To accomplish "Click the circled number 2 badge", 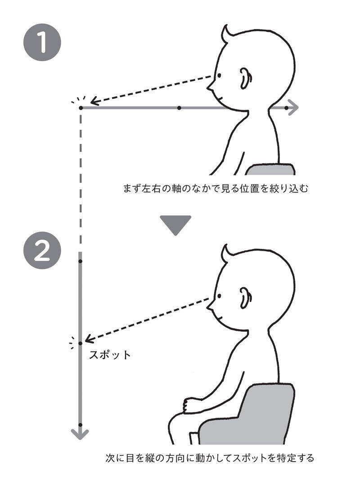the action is [42, 250].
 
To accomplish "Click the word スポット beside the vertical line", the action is [110, 355].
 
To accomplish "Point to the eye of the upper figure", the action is [219, 76].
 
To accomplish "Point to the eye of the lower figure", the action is [219, 296].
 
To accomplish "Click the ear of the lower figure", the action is [246, 298].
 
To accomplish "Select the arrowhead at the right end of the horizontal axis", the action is [293, 108].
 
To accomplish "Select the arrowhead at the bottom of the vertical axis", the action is [81, 434].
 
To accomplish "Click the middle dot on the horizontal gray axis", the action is [179, 108].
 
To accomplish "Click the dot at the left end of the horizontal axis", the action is [81, 108].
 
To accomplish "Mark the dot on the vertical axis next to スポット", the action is [81, 343].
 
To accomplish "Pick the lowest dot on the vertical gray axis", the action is [81, 425].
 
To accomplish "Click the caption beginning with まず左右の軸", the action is [216, 189].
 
